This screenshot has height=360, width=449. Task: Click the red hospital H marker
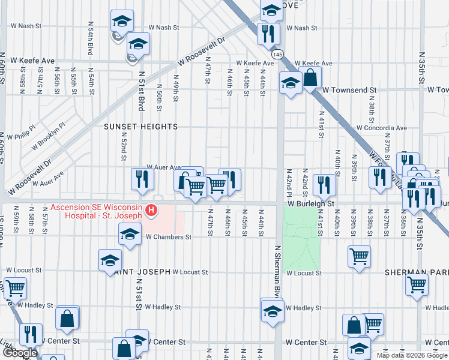coord(152,211)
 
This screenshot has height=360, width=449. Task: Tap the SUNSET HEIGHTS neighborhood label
coord(141,127)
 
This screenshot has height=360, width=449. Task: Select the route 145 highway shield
coord(277,55)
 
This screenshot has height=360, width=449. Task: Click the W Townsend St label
coord(349,90)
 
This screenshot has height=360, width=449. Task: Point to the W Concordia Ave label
coord(381,128)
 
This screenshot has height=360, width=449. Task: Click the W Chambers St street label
coord(169,237)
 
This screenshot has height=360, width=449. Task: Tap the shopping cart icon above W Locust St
coord(359,256)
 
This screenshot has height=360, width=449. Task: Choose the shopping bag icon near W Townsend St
coord(310,77)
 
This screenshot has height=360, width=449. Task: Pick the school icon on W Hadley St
coord(272,310)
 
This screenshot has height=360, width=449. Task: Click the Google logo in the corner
coord(20,353)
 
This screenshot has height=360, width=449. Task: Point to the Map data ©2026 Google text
coord(412,355)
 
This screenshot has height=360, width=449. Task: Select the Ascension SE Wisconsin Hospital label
coord(97,211)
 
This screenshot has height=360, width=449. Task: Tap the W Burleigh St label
coord(310,204)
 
